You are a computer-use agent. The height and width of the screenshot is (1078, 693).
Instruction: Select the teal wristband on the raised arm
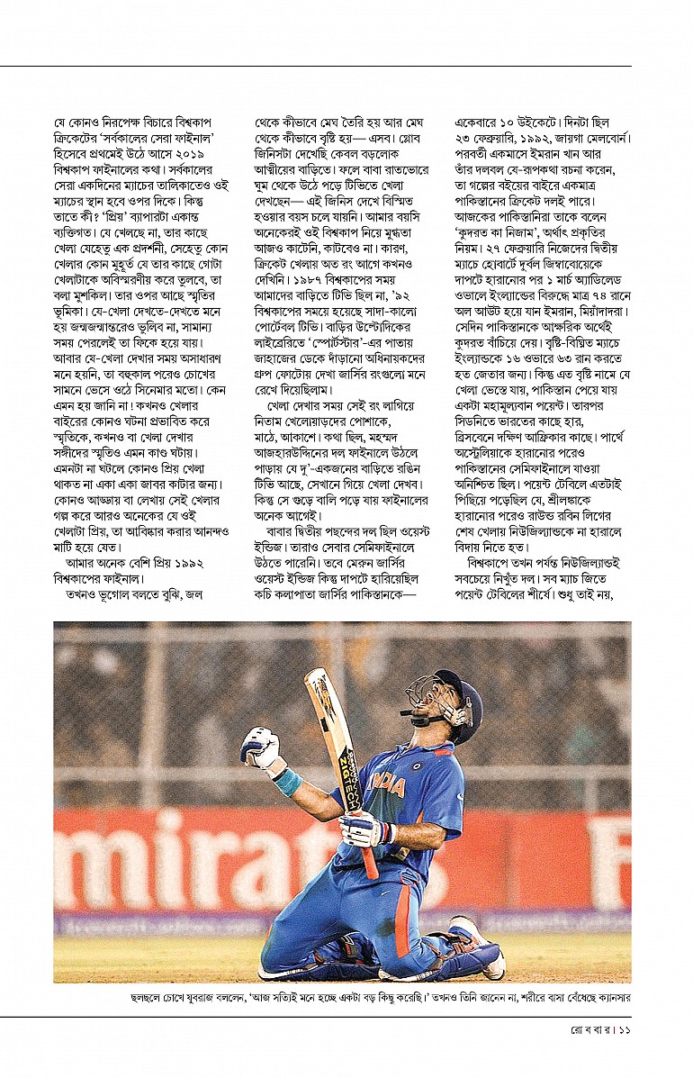pos(288,779)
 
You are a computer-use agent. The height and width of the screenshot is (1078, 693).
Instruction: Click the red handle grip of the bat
pos(368,856)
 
